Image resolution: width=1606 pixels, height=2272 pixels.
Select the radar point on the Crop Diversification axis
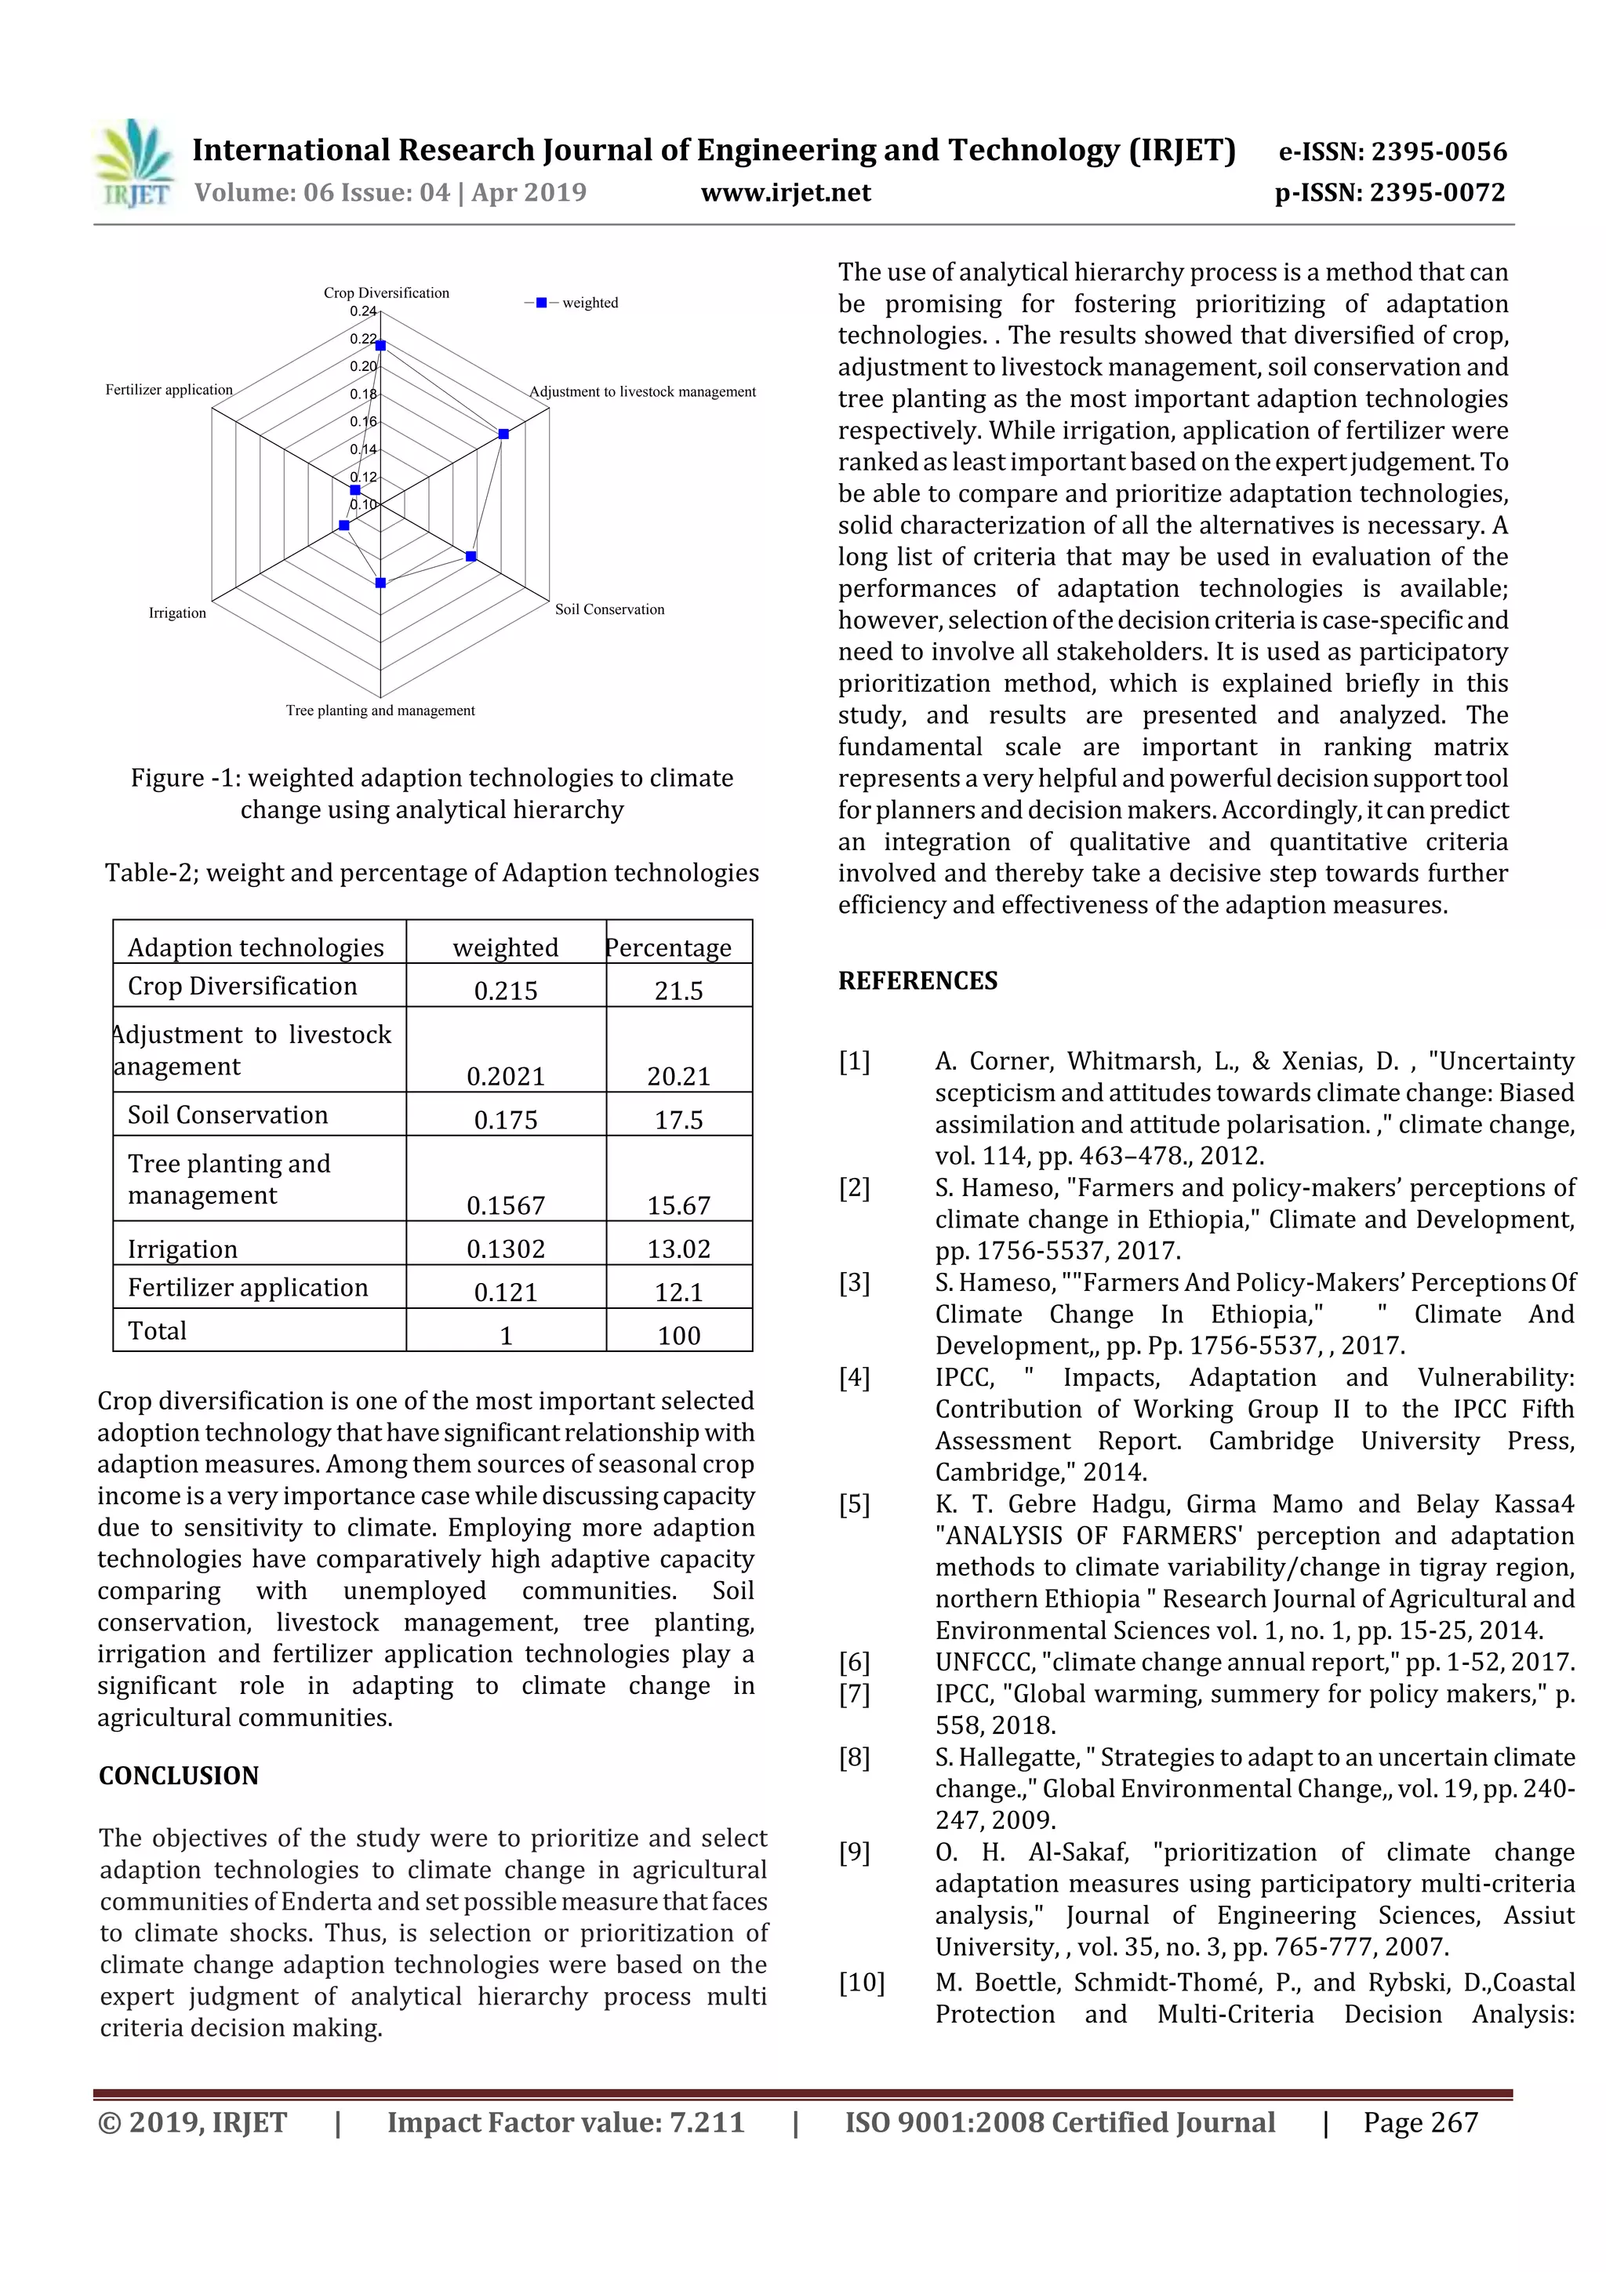[380, 345]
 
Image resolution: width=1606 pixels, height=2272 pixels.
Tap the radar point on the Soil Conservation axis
[471, 557]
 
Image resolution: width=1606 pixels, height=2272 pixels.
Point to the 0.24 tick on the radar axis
[363, 311]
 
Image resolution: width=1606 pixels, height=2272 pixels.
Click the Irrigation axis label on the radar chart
[177, 613]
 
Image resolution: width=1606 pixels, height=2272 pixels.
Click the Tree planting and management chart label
[380, 711]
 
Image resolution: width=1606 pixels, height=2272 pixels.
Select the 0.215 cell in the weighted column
[506, 991]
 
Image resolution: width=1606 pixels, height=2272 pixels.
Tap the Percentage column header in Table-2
[669, 947]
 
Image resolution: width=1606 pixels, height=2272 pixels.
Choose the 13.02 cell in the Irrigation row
[679, 1249]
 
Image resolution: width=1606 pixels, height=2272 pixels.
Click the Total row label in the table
[158, 1331]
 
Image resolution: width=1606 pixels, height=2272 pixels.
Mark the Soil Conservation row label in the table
[227, 1115]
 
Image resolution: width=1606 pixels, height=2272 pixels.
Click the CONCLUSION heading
[178, 1776]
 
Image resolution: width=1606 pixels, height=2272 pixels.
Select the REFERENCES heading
[917, 980]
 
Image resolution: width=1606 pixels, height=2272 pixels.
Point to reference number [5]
[854, 1505]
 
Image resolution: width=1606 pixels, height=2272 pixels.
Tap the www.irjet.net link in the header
[786, 193]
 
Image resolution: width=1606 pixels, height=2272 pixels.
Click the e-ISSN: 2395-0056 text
[1392, 151]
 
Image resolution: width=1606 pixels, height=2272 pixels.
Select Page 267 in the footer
[1420, 2122]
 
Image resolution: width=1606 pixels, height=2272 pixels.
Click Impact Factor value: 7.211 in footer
[565, 2122]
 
